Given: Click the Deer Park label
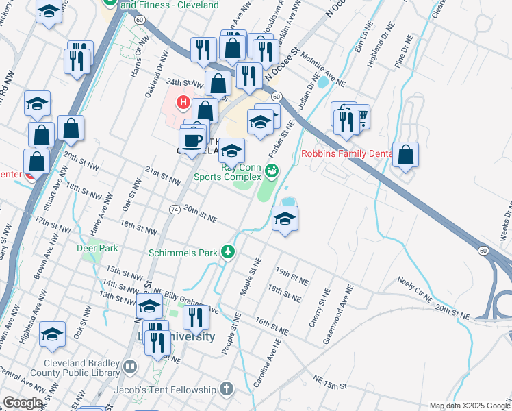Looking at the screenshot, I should (x=97, y=248).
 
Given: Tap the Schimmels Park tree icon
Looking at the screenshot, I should (x=229, y=252).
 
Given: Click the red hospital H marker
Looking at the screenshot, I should (x=183, y=103).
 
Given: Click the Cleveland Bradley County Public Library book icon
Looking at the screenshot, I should (x=129, y=369).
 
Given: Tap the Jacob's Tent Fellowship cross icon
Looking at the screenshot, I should (x=227, y=389).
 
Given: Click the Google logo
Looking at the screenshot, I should (x=23, y=403).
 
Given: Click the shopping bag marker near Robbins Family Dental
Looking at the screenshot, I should (x=406, y=155).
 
